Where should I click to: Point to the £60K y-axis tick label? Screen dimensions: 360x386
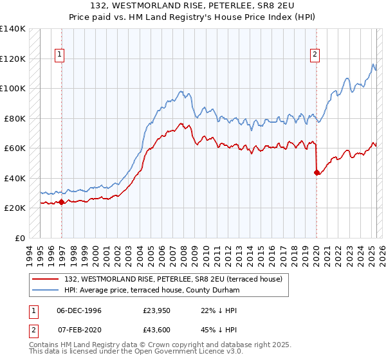click(15, 148)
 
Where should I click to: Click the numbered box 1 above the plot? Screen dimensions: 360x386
click(59, 55)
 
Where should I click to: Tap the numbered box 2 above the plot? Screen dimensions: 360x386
click(315, 55)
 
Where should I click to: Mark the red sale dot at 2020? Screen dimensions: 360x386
click(317, 172)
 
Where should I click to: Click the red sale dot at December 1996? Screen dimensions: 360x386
click(61, 202)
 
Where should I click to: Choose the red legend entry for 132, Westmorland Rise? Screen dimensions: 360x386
click(177, 279)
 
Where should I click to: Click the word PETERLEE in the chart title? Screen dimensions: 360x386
click(213, 4)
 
